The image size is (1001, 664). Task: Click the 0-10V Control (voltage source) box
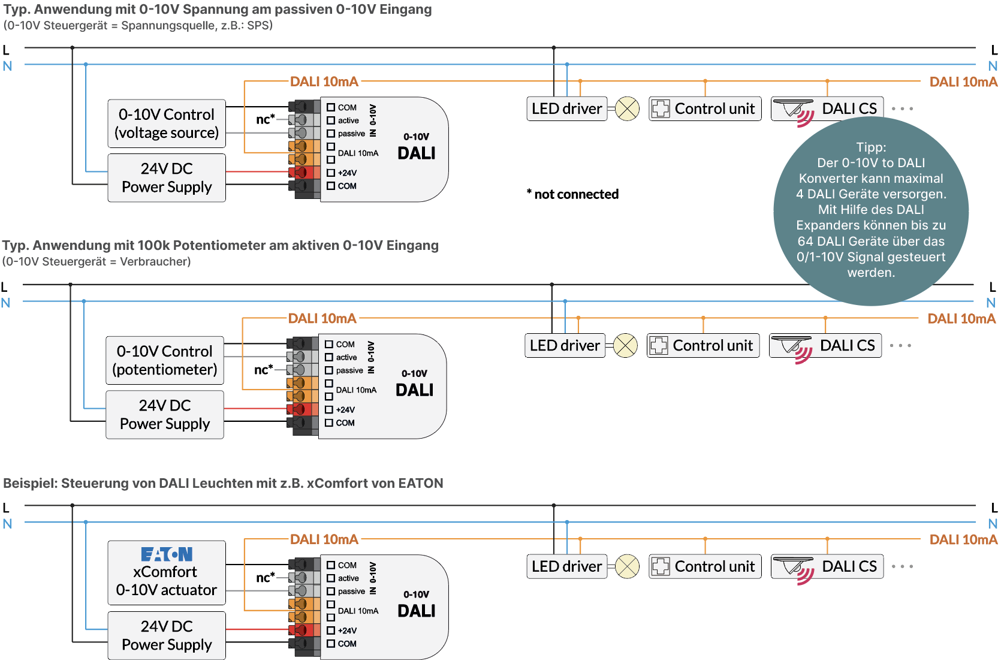(x=167, y=123)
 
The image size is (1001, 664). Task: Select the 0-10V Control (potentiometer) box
(x=165, y=360)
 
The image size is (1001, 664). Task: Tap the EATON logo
(x=167, y=554)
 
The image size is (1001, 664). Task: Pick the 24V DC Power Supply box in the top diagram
(x=167, y=178)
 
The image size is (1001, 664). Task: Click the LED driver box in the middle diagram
(x=565, y=346)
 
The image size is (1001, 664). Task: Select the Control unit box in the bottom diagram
(x=705, y=566)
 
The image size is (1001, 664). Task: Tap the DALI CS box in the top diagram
(x=827, y=109)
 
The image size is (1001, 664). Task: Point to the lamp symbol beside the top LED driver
(x=628, y=109)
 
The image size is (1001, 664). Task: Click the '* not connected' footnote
(x=572, y=194)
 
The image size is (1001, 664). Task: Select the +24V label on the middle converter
(x=345, y=410)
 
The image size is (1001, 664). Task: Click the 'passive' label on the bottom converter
(x=351, y=591)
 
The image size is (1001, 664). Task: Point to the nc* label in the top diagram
(x=265, y=119)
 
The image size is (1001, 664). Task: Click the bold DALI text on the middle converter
(x=414, y=390)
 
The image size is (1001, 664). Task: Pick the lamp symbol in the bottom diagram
(x=628, y=566)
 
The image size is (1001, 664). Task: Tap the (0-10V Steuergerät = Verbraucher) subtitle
(x=97, y=262)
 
